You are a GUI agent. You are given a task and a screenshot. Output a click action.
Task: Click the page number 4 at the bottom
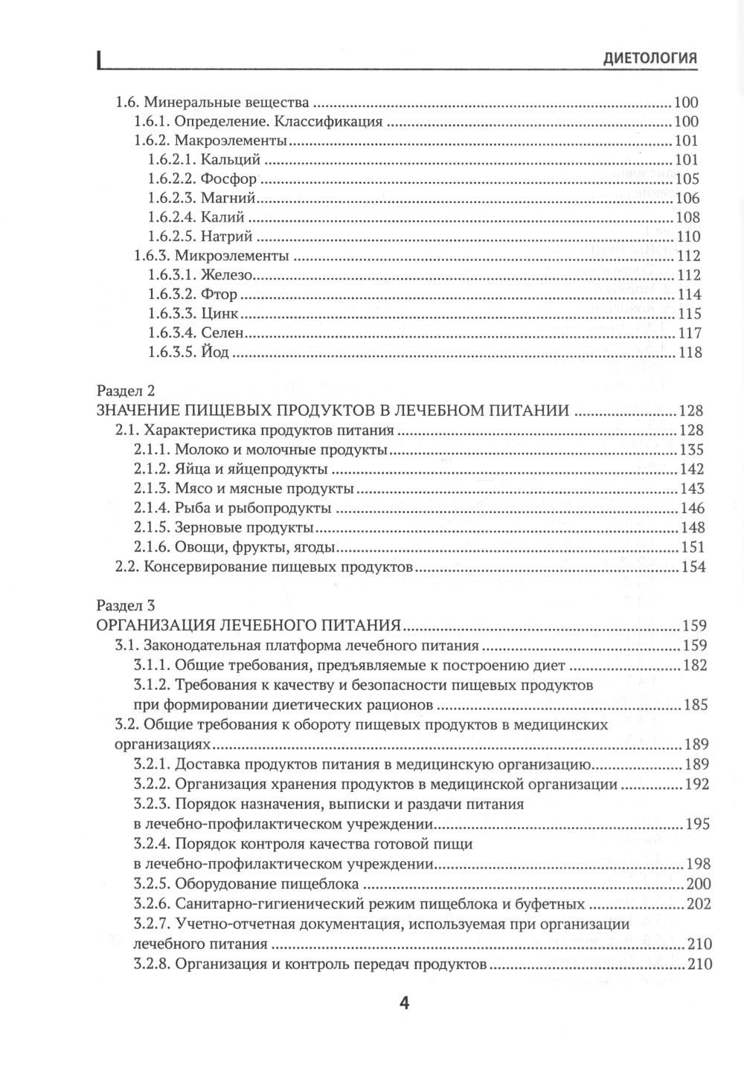point(405,1003)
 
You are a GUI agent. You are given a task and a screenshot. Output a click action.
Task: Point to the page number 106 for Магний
point(687,198)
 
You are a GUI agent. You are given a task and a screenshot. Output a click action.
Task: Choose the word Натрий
point(228,236)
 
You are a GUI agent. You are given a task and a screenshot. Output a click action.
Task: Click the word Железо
point(228,275)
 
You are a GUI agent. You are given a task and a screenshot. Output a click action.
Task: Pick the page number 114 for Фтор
point(688,294)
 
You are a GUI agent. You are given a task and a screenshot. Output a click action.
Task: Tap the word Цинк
point(220,314)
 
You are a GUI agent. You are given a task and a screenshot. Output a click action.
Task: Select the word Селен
point(223,333)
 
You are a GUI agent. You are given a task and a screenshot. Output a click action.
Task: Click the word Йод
point(215,352)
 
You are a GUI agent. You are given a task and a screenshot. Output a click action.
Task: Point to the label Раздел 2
point(125,391)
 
